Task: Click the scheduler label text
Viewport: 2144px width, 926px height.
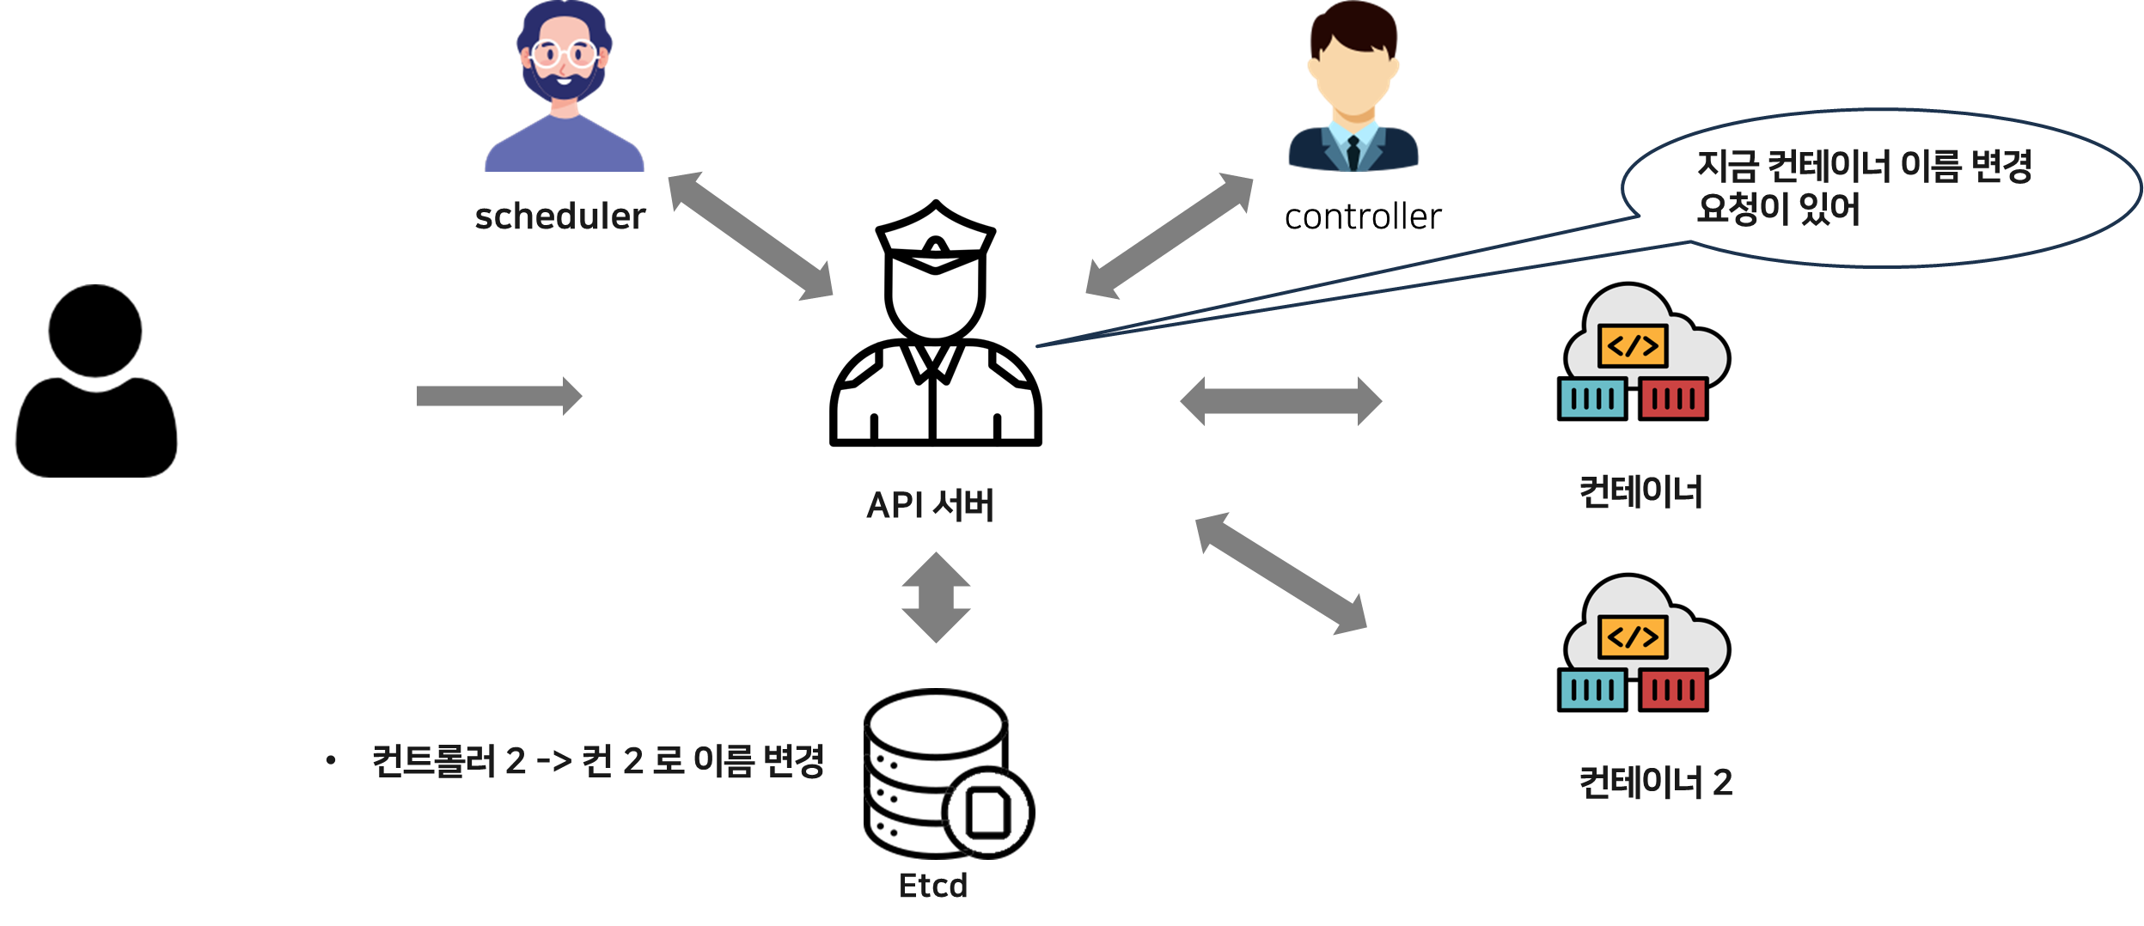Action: click(x=559, y=216)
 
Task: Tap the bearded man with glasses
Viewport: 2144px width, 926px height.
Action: click(x=564, y=86)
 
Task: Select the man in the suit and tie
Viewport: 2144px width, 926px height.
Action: click(x=1353, y=86)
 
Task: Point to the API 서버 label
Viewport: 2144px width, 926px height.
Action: click(x=930, y=505)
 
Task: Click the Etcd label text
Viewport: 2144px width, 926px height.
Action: click(x=932, y=886)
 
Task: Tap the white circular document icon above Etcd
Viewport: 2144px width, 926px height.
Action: click(x=987, y=813)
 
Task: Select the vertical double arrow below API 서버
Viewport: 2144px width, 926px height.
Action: click(x=936, y=597)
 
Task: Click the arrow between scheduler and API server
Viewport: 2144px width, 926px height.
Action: click(x=750, y=235)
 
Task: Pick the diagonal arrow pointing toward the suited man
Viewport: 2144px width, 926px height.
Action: click(x=1169, y=235)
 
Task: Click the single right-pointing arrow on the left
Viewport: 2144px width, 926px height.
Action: click(x=498, y=396)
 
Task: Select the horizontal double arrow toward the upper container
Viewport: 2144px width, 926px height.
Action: click(x=1280, y=401)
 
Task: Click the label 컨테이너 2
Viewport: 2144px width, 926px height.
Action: click(x=1655, y=783)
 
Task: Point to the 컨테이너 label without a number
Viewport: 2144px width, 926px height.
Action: click(x=1640, y=492)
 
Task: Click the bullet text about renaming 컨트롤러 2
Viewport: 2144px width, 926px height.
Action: click(x=597, y=761)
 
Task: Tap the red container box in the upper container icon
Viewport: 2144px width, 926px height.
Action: click(x=1672, y=399)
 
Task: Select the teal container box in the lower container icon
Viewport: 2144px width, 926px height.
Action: click(x=1592, y=690)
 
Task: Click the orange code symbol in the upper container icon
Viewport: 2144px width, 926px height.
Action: click(x=1632, y=346)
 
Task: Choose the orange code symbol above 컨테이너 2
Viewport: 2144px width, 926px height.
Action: click(x=1632, y=637)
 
